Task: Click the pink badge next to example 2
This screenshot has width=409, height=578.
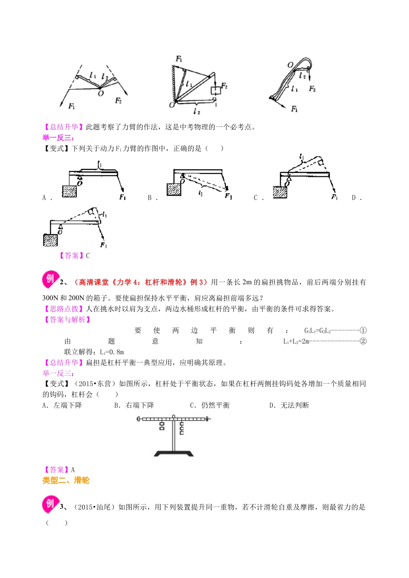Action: (50, 280)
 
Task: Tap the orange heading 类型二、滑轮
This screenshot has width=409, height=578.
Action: (66, 480)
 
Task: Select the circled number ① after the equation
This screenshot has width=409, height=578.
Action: (363, 331)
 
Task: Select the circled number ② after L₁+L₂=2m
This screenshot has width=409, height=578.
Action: (363, 341)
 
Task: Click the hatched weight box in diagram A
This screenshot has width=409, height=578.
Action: (69, 191)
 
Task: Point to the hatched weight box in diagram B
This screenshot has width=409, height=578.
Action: (174, 189)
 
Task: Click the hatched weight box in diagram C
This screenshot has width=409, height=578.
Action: (280, 192)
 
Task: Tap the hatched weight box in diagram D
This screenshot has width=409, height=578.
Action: (50, 240)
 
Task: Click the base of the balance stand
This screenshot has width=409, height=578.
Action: (174, 453)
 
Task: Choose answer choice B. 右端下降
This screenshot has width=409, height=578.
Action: (134, 405)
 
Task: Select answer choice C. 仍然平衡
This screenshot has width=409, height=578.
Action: (210, 405)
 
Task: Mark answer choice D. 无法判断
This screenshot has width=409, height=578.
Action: (289, 405)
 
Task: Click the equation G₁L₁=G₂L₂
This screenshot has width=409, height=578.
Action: (317, 331)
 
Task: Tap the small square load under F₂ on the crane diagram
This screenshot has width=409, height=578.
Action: (215, 91)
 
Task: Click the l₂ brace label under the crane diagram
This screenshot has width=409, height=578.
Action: (197, 111)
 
